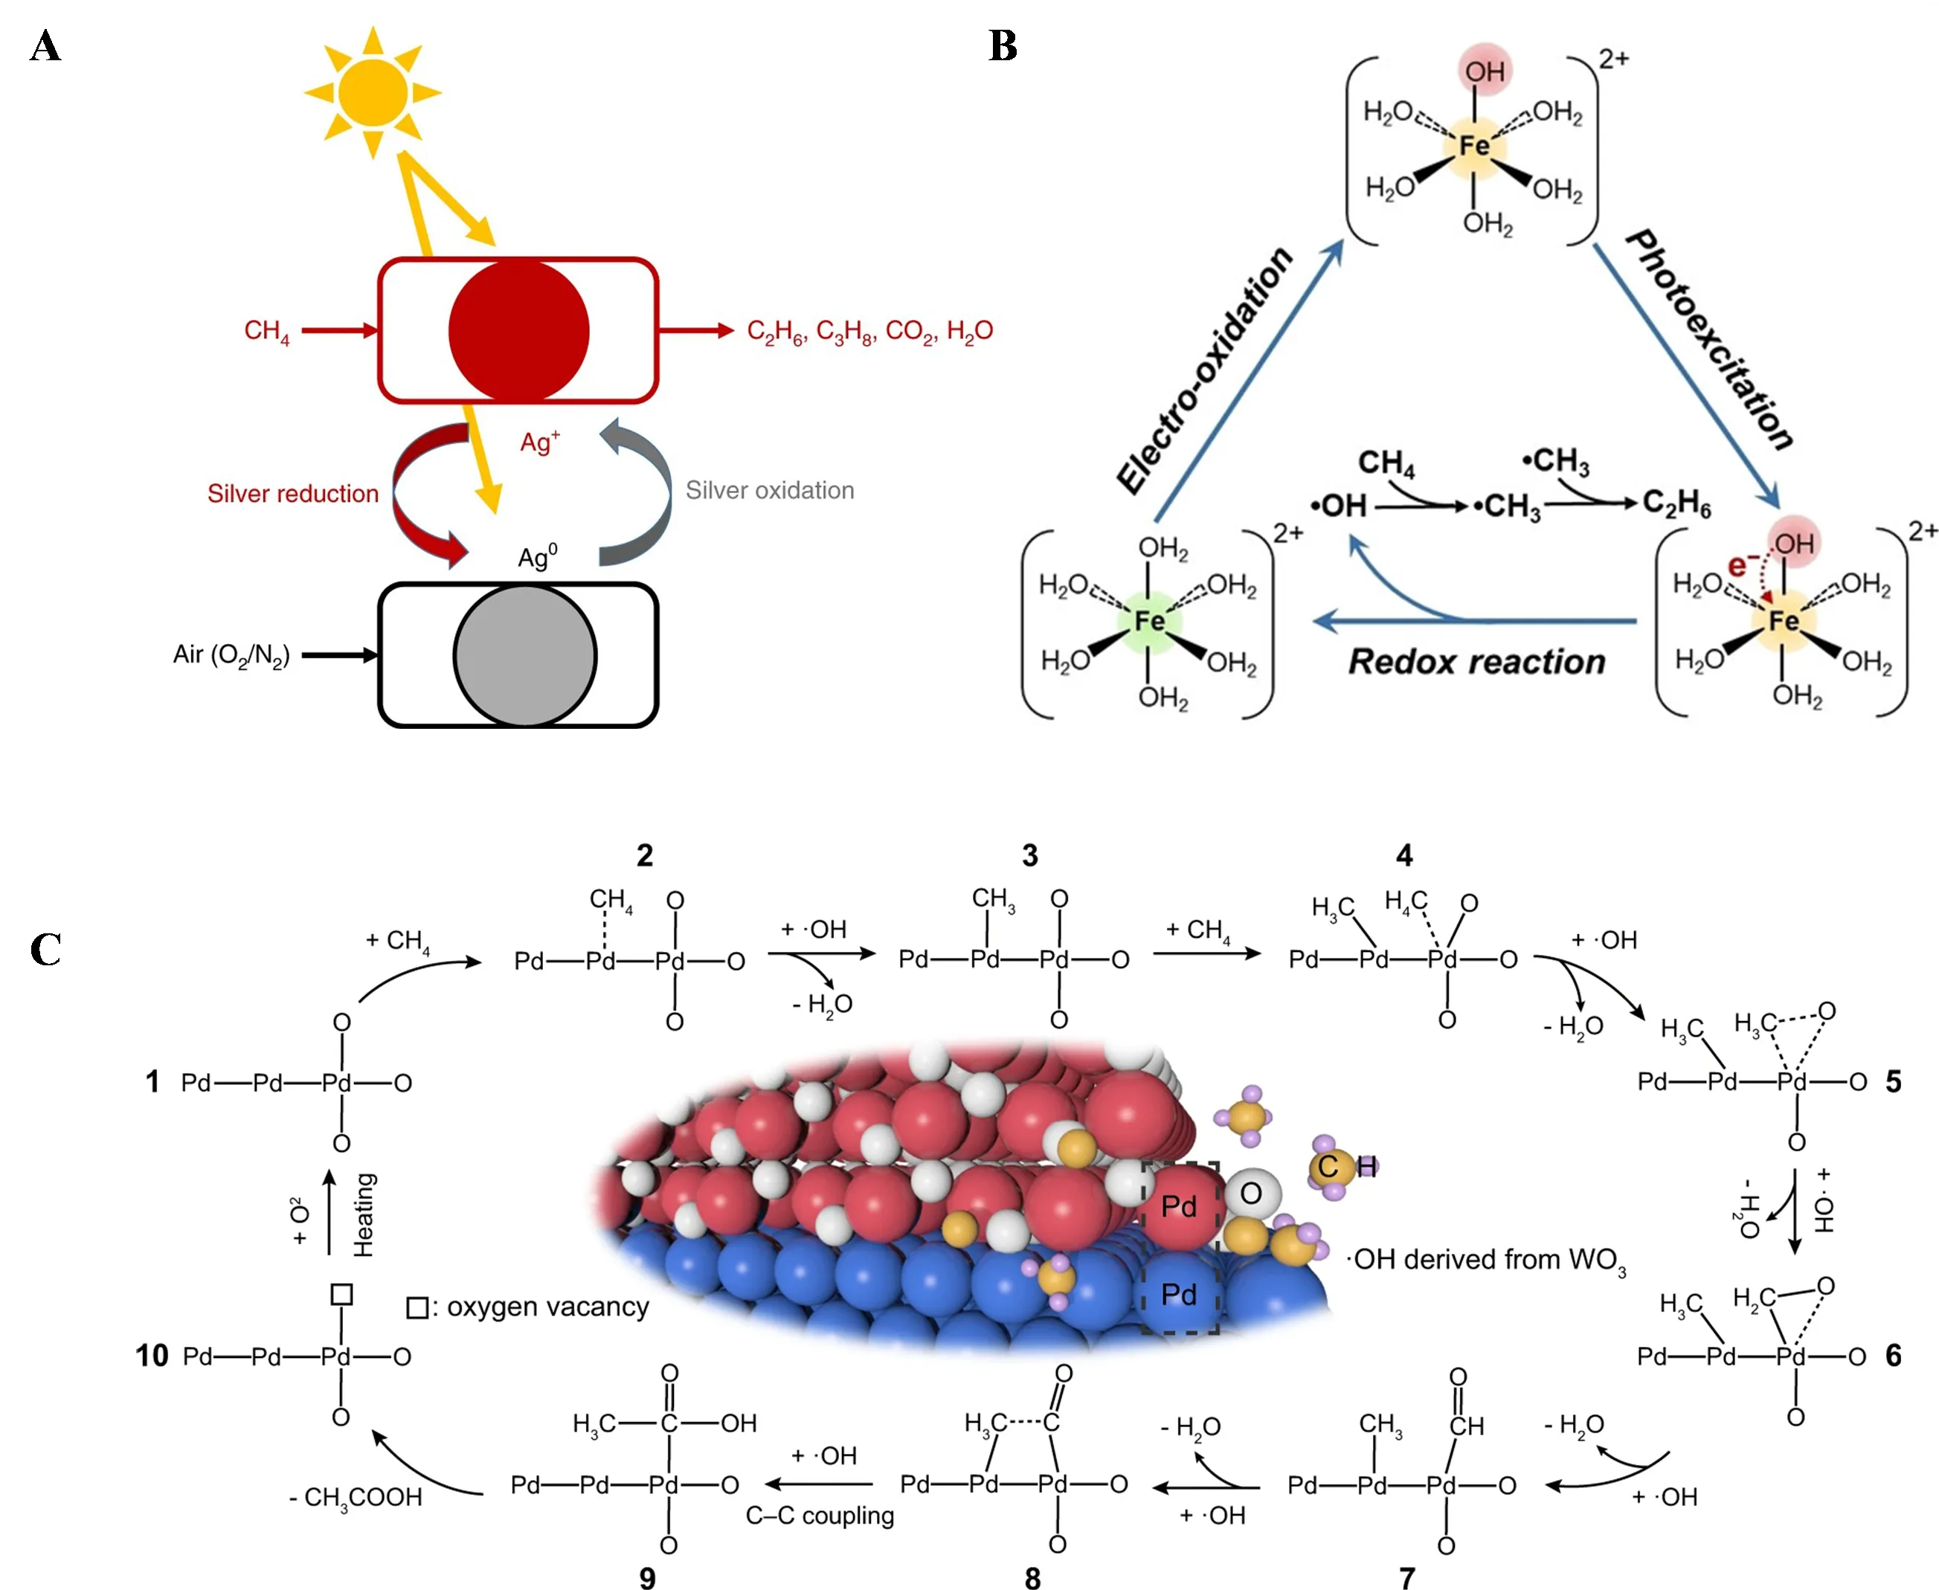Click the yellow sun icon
coord(372,91)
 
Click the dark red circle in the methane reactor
coord(518,331)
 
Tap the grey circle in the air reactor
coord(525,656)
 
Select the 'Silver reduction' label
coord(292,494)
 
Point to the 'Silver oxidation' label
coord(769,490)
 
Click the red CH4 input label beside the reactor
coord(266,331)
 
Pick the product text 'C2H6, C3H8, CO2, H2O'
coord(869,331)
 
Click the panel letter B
coord(1003,46)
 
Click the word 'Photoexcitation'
coord(1709,341)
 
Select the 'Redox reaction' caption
coord(1476,661)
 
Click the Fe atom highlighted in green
coord(1148,621)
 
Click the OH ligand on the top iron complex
coord(1484,71)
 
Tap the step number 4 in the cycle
coord(1404,855)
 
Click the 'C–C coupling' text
coord(820,1515)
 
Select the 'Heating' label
coord(364,1214)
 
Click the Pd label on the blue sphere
coord(1179,1294)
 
